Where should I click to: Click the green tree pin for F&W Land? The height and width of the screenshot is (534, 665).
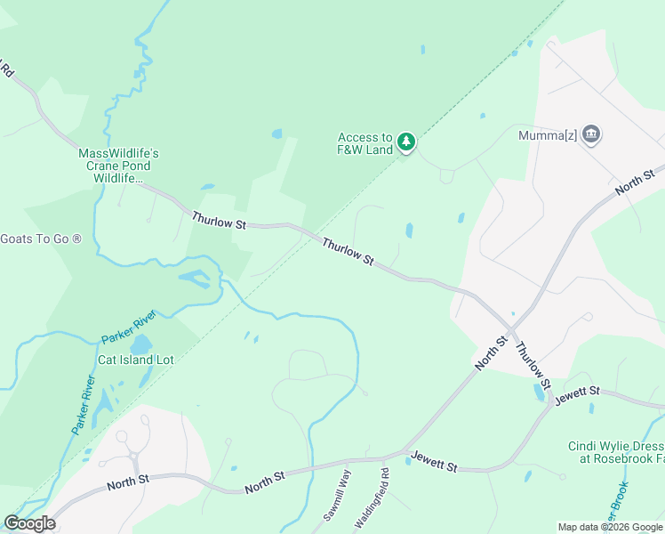coord(406,142)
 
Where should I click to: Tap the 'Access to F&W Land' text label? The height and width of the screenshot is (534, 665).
coord(365,143)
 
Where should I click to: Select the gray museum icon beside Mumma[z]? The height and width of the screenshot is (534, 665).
coord(592,135)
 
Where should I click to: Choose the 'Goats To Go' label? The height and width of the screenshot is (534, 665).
coord(41,239)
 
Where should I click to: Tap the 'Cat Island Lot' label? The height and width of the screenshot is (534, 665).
coord(135,360)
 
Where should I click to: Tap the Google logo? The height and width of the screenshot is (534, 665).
coord(29,522)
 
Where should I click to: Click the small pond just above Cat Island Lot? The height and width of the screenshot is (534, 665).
coord(142,344)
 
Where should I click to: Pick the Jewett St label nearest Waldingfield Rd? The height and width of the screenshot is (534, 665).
coord(434,462)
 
